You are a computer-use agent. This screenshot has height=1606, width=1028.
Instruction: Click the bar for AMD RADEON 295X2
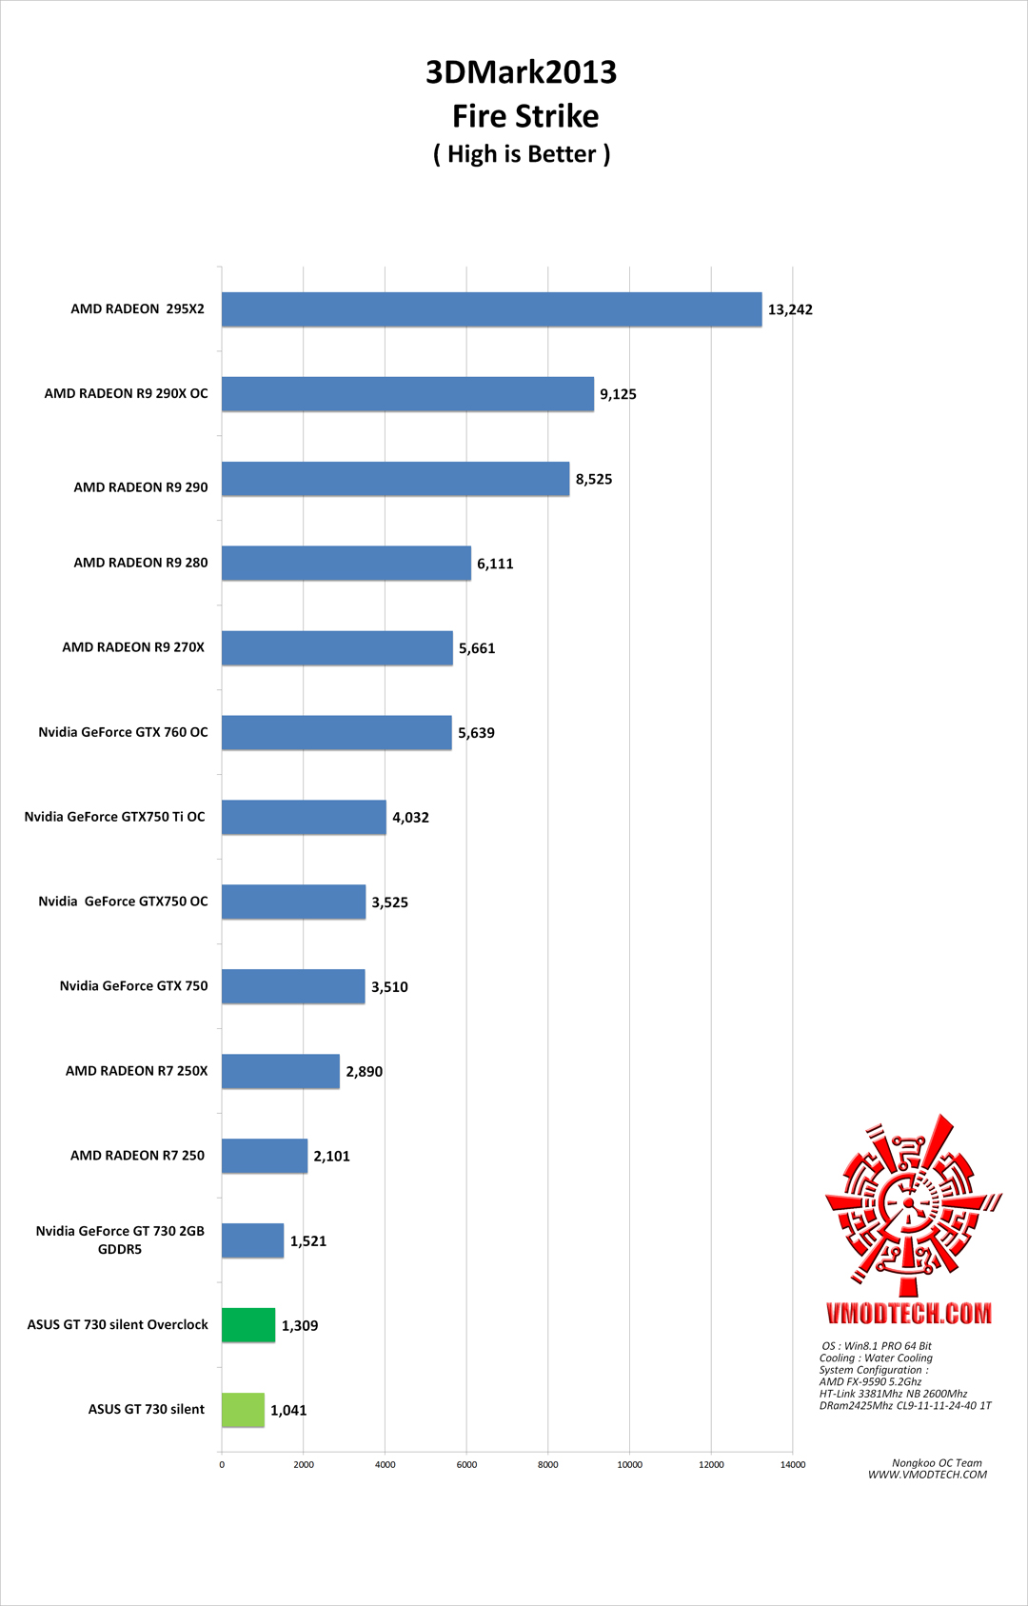491,309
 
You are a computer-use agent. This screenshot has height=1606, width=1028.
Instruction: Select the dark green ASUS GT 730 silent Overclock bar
248,1325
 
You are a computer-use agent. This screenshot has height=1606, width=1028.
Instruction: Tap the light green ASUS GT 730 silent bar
243,1410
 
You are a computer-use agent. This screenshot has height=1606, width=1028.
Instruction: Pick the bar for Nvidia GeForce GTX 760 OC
336,733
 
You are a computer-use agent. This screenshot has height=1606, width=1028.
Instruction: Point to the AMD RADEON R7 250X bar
280,1071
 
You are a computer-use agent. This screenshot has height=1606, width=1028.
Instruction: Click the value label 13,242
790,309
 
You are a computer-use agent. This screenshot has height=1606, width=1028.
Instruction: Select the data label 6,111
495,564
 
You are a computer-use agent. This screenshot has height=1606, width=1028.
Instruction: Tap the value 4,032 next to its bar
410,818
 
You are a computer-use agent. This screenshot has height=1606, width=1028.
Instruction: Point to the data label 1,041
288,1410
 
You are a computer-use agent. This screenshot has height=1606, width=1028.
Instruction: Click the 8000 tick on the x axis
548,1464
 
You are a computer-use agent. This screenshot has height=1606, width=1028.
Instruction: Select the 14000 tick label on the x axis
793,1464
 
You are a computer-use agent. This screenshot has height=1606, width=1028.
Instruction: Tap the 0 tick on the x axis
222,1464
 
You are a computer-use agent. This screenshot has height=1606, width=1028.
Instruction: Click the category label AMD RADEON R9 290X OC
126,393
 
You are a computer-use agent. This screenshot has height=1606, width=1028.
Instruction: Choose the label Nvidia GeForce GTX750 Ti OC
114,817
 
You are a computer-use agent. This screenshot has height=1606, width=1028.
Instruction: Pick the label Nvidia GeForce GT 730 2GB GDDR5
120,1239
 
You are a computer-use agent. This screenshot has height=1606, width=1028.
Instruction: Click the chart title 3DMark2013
521,72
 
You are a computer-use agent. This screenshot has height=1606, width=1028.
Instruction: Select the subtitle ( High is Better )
522,154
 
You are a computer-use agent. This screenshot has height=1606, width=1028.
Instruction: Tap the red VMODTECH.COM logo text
908,1314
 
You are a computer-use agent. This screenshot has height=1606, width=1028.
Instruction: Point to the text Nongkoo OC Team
937,1463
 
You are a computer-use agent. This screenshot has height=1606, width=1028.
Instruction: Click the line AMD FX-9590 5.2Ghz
870,1381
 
